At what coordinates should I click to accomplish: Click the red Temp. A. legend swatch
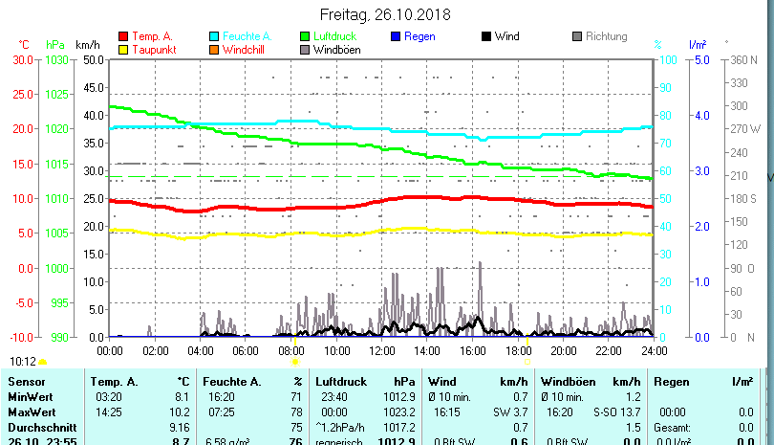click(122, 37)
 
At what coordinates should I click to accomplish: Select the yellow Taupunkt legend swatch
click(122, 50)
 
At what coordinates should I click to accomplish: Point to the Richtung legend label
click(606, 36)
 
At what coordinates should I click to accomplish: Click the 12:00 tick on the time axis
click(381, 351)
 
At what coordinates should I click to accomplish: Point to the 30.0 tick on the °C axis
click(22, 59)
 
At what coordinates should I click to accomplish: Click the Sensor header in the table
click(26, 381)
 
